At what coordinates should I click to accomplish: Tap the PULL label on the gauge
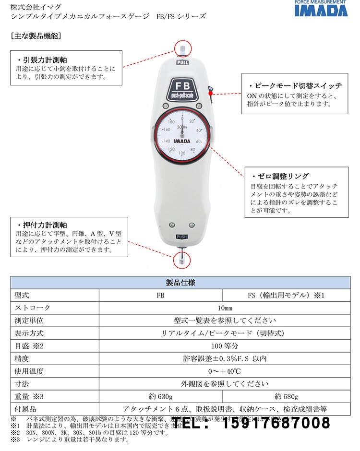click(182, 62)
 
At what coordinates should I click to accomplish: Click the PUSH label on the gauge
click(182, 237)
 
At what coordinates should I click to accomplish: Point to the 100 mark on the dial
click(182, 153)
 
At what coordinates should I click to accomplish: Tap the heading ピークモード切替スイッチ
click(294, 86)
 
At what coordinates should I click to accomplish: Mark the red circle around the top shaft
click(182, 48)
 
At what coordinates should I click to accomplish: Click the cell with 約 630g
click(160, 397)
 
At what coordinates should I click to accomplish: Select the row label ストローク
click(33, 308)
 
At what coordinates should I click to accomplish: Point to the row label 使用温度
click(30, 371)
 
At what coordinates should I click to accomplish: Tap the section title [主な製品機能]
click(35, 35)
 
